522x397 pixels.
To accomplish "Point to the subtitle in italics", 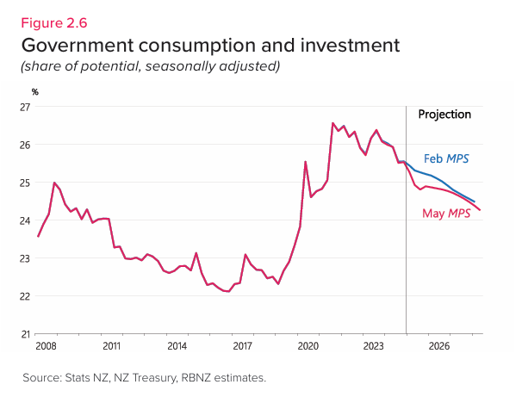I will [x=151, y=66].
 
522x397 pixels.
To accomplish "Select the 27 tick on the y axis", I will [x=25, y=107].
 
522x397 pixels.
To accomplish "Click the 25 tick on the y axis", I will [x=25, y=183].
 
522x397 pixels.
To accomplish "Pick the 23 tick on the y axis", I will [x=25, y=258].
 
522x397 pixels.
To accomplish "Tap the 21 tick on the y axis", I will [x=25, y=334].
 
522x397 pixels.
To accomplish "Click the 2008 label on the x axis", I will [x=46, y=346].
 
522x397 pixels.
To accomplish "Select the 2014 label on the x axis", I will [x=177, y=346].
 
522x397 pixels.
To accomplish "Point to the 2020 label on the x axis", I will [x=308, y=346].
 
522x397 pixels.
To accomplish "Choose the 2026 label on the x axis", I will [x=439, y=346].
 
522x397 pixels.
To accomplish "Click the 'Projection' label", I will [x=444, y=115].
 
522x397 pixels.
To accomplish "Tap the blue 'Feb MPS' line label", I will [x=447, y=158].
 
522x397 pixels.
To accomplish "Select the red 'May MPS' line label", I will [x=446, y=213].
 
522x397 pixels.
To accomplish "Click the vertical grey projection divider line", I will [x=406, y=258].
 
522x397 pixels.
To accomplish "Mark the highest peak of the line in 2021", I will [x=332, y=123].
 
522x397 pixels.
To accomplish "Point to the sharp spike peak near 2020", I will [x=306, y=162].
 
